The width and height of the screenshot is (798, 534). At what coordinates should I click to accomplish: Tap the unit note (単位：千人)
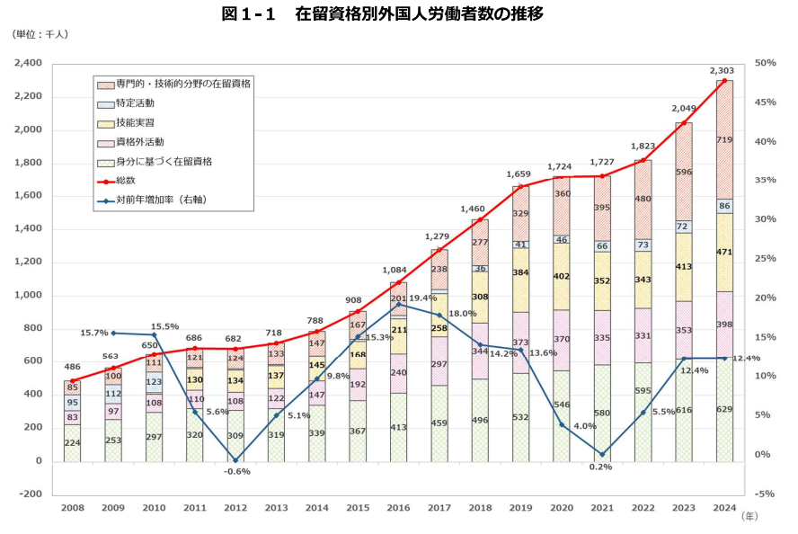(x=40, y=34)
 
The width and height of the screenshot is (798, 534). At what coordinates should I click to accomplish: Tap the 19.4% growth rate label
(x=422, y=298)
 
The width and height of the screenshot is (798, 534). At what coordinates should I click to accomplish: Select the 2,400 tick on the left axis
(x=28, y=64)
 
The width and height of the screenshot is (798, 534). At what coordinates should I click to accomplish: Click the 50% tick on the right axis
(x=766, y=64)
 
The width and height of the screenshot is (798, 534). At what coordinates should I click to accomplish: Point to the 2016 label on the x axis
(x=397, y=509)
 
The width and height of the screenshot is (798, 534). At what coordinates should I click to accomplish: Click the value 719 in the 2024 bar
(x=723, y=140)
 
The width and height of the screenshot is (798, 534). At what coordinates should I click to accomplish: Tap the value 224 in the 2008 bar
(x=72, y=442)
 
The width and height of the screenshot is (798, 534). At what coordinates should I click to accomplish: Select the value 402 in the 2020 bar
(x=561, y=278)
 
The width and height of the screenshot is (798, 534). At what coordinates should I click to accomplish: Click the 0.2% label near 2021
(x=600, y=467)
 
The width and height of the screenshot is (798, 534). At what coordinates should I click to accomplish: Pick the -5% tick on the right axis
(x=766, y=494)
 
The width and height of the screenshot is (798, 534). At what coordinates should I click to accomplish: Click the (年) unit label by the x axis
(x=749, y=517)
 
